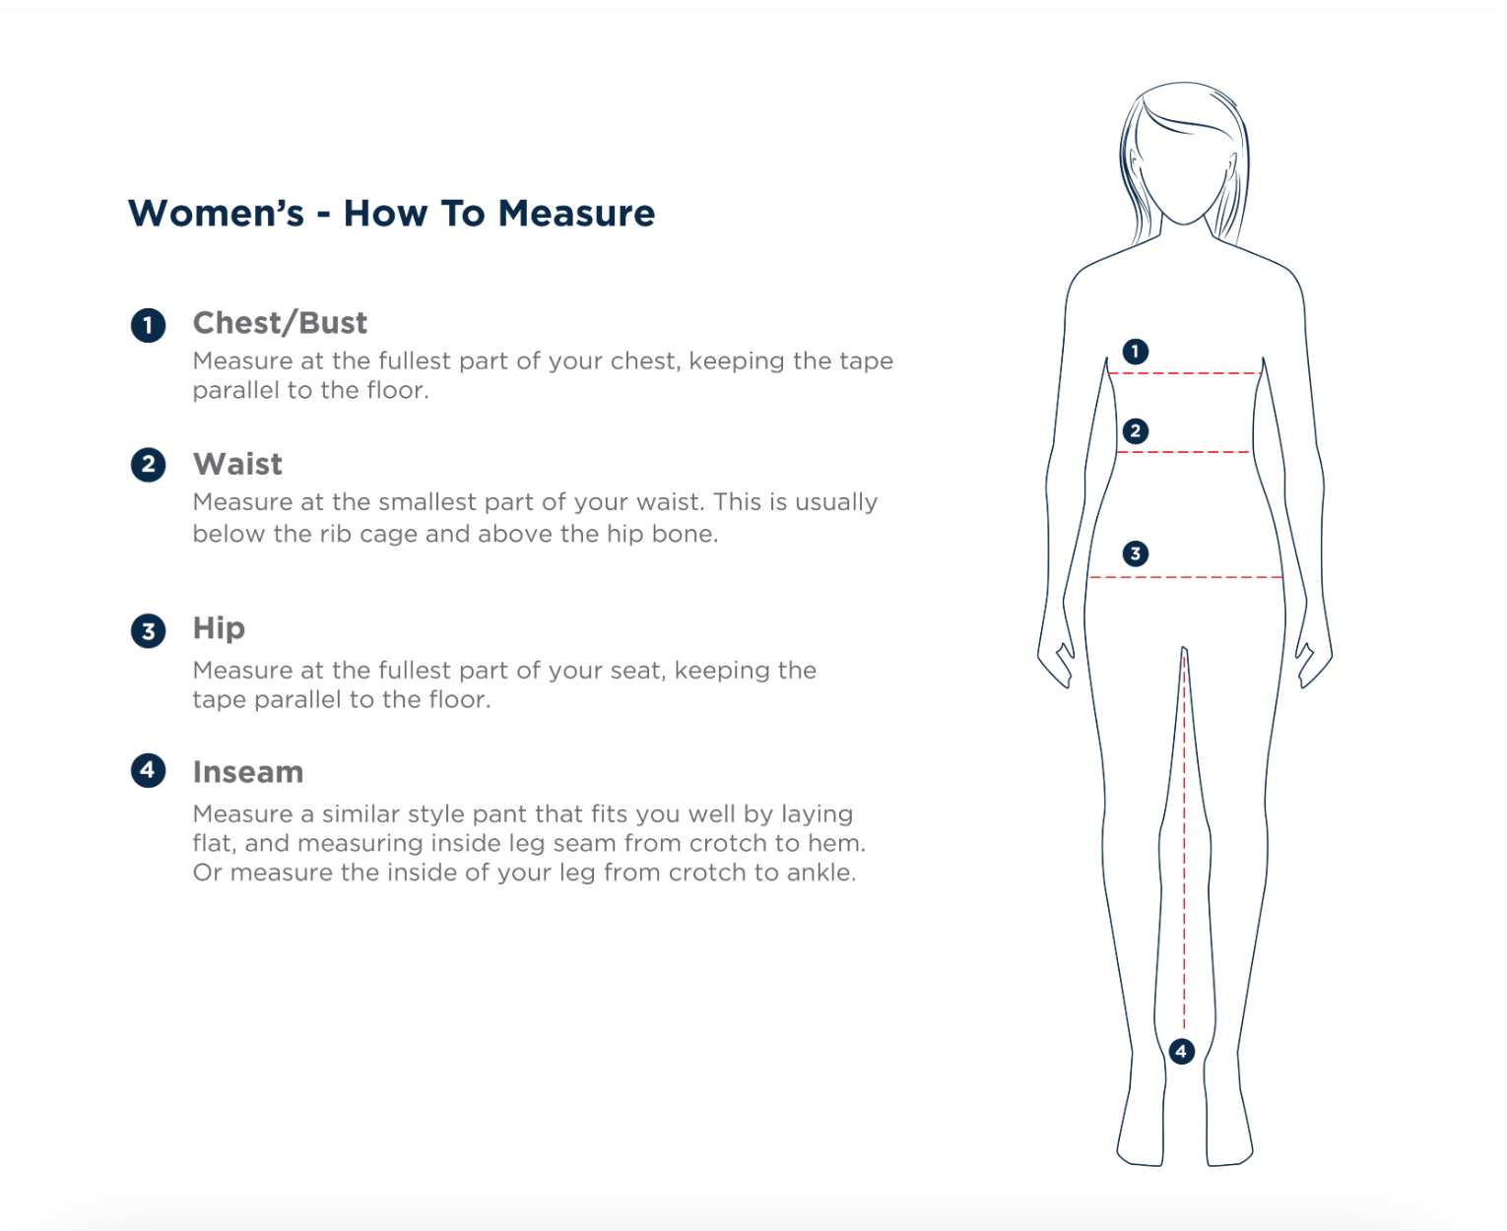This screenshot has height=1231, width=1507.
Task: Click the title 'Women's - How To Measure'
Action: (392, 213)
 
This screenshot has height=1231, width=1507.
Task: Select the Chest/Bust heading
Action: (280, 323)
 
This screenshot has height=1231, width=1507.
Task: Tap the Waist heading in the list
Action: (237, 464)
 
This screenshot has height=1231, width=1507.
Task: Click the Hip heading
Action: (219, 628)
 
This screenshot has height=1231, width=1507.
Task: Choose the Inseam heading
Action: (248, 772)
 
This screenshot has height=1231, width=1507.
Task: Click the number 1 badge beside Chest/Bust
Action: (148, 326)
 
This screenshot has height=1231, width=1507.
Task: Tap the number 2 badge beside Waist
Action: (148, 465)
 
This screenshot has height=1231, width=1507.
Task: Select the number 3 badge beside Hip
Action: (148, 631)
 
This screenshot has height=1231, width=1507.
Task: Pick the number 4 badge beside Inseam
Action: (148, 770)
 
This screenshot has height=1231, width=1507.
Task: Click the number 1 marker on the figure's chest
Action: (1136, 352)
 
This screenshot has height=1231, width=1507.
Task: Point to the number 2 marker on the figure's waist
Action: (1136, 430)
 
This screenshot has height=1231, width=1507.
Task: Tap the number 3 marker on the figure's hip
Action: (1136, 553)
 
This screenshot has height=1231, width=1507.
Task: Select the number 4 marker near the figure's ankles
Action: (1181, 1051)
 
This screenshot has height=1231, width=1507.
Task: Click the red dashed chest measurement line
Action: (1185, 373)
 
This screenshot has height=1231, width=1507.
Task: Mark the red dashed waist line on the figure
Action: (1183, 452)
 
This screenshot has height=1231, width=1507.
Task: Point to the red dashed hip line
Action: (1185, 576)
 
